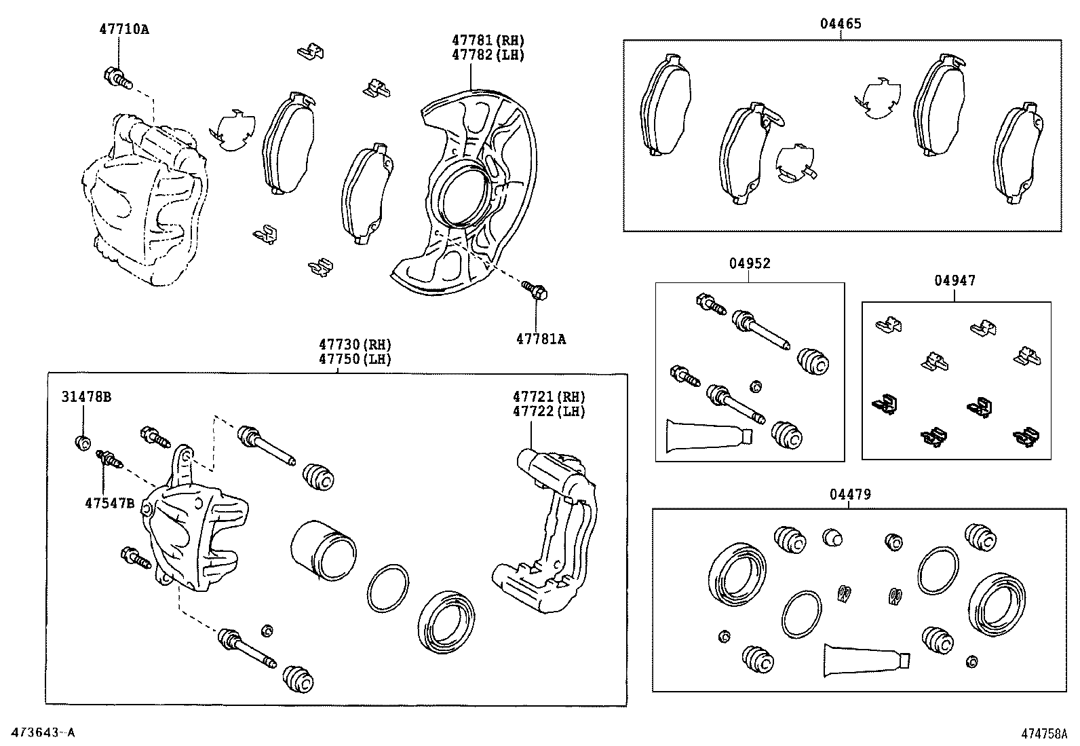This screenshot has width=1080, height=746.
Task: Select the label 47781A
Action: (x=540, y=339)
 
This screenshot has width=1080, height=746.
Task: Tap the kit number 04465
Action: (x=841, y=24)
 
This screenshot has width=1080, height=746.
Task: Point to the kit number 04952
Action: (x=750, y=264)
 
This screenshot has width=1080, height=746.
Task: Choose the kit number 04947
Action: (x=954, y=280)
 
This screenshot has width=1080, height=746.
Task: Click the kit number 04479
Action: (x=849, y=495)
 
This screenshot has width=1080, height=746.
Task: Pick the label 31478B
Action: (x=86, y=397)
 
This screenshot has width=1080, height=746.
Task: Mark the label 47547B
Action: (x=109, y=503)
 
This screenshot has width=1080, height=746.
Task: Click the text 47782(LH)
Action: (x=488, y=56)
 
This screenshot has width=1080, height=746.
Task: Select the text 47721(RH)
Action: (x=549, y=396)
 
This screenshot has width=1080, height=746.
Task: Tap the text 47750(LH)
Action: (x=355, y=359)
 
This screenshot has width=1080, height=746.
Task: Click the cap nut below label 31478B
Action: (x=82, y=443)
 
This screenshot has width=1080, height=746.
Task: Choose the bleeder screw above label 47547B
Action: (x=109, y=460)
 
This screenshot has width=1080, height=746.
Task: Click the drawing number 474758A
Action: (x=1045, y=734)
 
